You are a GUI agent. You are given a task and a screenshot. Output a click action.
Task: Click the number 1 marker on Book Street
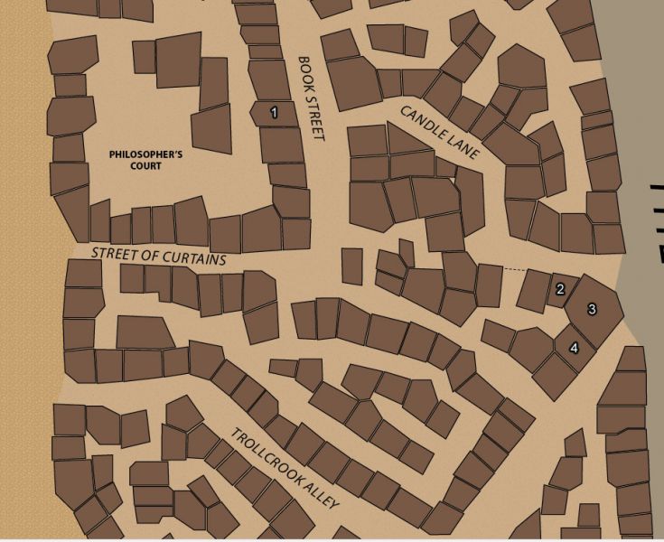274,113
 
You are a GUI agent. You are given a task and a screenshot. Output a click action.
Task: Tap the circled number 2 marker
560,289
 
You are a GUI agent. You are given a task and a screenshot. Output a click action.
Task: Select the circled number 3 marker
592,309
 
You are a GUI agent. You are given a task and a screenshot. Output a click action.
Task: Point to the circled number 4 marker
574,348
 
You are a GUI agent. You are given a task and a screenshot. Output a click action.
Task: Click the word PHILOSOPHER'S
145,154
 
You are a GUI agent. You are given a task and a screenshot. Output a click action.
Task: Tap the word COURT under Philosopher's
145,166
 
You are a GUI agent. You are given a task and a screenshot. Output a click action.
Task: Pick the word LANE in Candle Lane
463,149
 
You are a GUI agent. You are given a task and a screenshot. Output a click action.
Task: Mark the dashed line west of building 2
514,269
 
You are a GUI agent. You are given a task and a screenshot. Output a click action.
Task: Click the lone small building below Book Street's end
352,266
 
